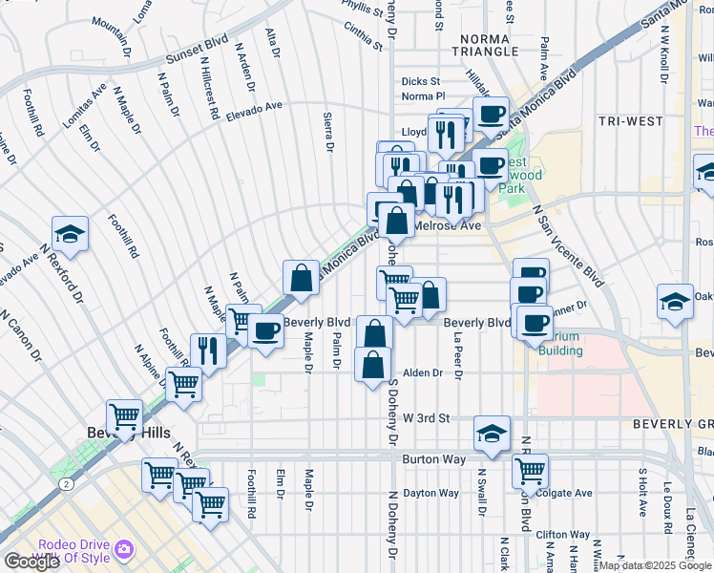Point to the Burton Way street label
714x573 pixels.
pyautogui.click(x=434, y=459)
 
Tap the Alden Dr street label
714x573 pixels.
pyautogui.click(x=424, y=373)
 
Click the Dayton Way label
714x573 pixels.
pyautogui.click(x=430, y=493)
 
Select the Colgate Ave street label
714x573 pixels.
pyautogui.click(x=563, y=493)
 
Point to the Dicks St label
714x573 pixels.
pyautogui.click(x=421, y=82)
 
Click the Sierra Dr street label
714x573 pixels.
pyautogui.click(x=329, y=133)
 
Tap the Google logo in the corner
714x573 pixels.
pyautogui.click(x=31, y=562)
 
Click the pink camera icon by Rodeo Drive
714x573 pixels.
pyautogui.click(x=123, y=549)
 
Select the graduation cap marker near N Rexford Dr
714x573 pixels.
pyautogui.click(x=70, y=234)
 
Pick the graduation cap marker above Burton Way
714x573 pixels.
pyautogui.click(x=492, y=433)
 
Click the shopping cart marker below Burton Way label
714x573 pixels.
pyautogui.click(x=530, y=470)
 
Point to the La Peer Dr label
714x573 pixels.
pyautogui.click(x=458, y=357)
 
